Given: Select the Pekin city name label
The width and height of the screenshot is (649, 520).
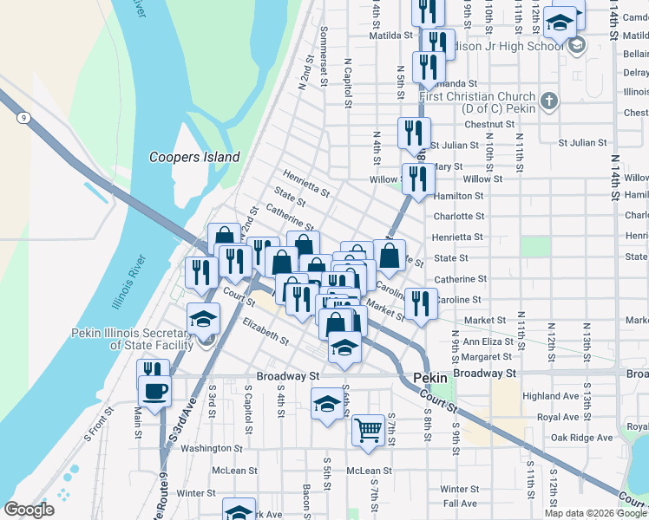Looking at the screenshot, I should tap(429, 378).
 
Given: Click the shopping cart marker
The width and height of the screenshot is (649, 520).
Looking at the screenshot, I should tap(369, 428).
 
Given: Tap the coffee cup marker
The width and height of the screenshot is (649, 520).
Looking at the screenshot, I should tap(155, 391).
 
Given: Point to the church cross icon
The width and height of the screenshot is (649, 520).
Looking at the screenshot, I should tap(547, 101).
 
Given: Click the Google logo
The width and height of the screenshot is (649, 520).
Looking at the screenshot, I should tap(29, 509).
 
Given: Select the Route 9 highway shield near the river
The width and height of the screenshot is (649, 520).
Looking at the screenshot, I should tap(23, 117).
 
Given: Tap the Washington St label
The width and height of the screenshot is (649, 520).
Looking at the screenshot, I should tap(212, 448).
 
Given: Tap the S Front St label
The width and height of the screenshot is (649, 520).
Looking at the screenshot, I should tap(99, 425).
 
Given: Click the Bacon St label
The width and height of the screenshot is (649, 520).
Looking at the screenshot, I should tap(306, 496).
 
